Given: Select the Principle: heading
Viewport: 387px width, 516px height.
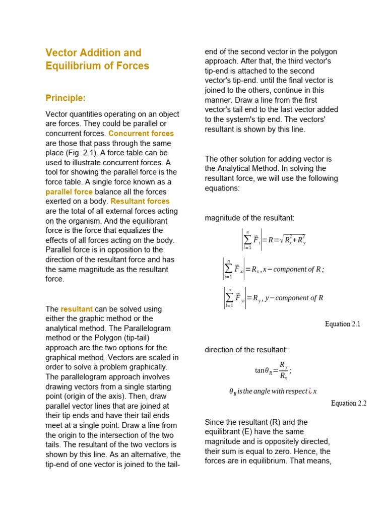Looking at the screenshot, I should pos(66,98).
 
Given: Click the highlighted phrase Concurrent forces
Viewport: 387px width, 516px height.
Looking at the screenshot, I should pos(141,134).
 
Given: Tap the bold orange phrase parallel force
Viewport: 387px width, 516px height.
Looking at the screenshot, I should pos(69,191).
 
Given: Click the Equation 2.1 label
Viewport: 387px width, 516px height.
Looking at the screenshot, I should pos(343,324).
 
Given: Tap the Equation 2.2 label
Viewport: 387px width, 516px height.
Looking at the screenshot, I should pos(349,403).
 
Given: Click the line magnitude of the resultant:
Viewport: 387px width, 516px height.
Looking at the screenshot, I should pos(249,218).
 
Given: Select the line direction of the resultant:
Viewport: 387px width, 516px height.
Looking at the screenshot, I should pos(246,350).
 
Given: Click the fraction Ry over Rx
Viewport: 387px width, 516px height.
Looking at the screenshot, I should pos(283,370).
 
